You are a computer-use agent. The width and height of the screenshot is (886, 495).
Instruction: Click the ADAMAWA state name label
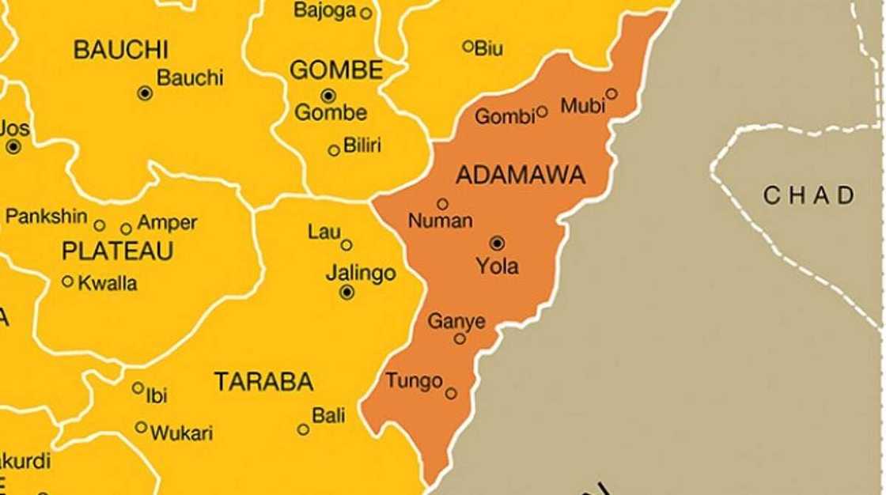click(x=521, y=175)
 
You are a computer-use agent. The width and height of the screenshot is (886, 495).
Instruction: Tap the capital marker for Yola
click(x=497, y=244)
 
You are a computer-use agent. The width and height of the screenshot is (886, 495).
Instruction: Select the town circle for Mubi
click(x=611, y=94)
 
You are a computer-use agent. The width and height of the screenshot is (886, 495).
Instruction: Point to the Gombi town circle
click(x=542, y=111)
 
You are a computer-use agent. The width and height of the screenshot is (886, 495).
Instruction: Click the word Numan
click(x=440, y=221)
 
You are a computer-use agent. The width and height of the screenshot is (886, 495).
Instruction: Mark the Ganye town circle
click(x=460, y=338)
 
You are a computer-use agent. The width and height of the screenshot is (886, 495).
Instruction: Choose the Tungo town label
click(x=414, y=381)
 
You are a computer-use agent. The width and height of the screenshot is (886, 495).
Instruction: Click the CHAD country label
click(x=808, y=195)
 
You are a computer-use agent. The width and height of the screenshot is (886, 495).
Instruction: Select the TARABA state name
click(x=263, y=383)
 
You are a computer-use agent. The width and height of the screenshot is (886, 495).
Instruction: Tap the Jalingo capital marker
click(x=346, y=293)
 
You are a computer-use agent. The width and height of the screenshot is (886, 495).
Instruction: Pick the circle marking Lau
click(x=346, y=245)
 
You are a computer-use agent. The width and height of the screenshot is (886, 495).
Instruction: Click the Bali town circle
click(x=303, y=429)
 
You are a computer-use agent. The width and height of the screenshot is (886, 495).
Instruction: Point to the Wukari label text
click(x=181, y=433)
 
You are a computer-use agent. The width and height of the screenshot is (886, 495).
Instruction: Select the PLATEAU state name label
click(x=117, y=251)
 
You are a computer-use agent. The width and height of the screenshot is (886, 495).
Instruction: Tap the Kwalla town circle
click(x=68, y=281)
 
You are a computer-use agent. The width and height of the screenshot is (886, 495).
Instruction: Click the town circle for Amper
click(x=126, y=229)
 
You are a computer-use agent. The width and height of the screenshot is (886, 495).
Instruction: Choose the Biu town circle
click(x=468, y=47)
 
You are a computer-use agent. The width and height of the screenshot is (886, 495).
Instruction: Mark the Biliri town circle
click(x=334, y=150)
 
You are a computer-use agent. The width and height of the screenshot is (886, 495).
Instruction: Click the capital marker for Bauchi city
click(x=145, y=93)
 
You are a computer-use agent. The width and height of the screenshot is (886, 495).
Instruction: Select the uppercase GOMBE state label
click(x=336, y=70)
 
